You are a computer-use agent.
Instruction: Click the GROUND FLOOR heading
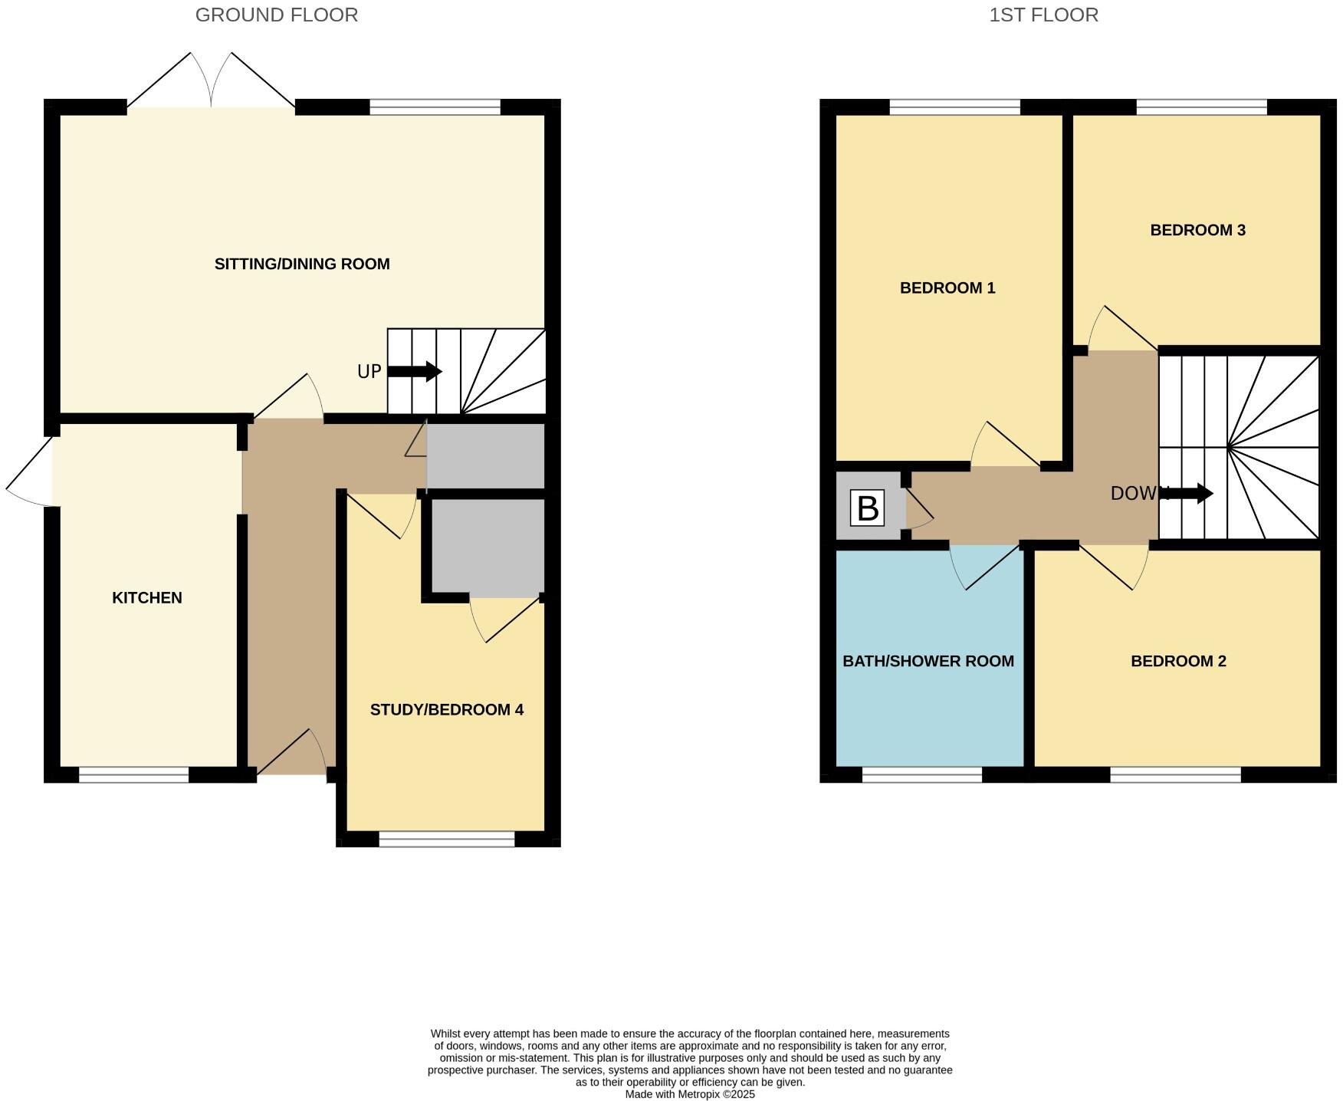click(276, 15)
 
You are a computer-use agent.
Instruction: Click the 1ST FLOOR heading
click(1043, 15)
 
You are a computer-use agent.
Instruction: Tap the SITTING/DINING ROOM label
click(302, 264)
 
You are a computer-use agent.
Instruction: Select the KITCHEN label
click(147, 598)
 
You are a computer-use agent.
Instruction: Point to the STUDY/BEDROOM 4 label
click(446, 710)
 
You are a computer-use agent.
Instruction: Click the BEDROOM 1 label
click(947, 288)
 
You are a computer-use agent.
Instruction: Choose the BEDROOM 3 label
click(1197, 230)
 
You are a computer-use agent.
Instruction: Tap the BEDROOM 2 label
click(1178, 661)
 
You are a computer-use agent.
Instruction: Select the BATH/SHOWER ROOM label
click(928, 661)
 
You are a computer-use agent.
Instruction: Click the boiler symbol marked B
click(867, 508)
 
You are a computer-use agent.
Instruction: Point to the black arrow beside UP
click(415, 372)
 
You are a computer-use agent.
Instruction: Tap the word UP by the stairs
click(369, 372)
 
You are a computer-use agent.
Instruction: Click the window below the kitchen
click(133, 775)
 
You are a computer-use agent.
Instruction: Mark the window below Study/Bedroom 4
click(446, 840)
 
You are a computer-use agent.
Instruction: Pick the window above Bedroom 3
click(1200, 107)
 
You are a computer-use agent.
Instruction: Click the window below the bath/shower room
click(921, 775)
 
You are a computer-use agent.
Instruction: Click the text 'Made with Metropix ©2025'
click(689, 1094)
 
